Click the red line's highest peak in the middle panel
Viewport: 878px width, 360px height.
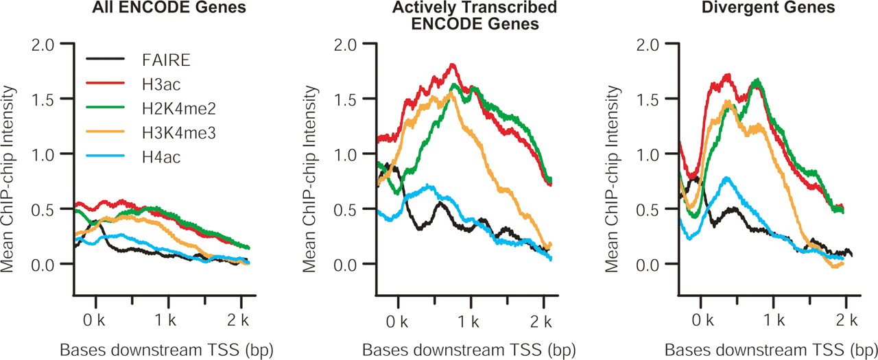click(452, 65)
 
